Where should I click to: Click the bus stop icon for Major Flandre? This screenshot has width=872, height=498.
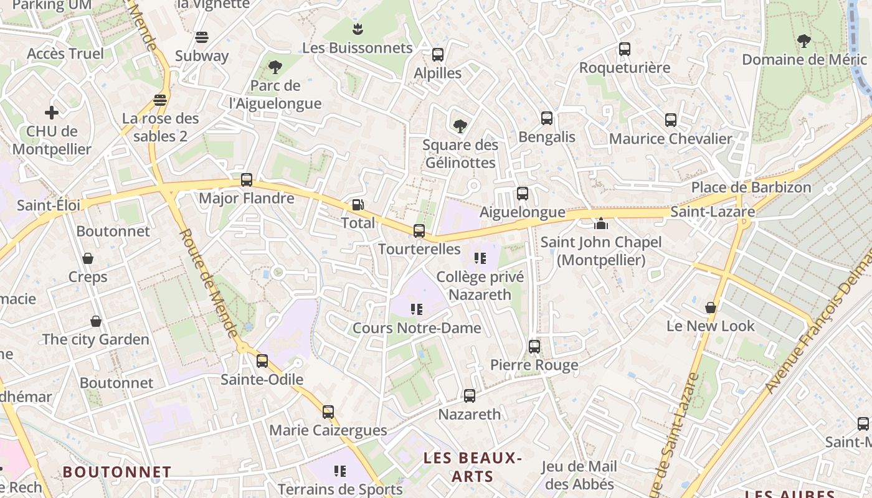point(247,180)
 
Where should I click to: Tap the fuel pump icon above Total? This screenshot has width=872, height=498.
point(358,204)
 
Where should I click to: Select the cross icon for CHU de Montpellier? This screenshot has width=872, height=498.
point(52,113)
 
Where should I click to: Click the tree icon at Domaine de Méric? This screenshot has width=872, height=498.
point(804,41)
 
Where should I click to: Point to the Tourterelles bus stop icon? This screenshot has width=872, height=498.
point(419,231)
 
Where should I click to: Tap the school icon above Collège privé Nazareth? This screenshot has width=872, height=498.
point(480,258)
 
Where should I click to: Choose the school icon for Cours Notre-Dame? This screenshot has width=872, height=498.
point(417,309)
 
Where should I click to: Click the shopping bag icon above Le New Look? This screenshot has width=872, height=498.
point(710,308)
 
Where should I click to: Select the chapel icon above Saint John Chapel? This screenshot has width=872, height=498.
point(601,223)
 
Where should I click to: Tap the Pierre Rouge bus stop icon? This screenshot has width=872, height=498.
point(534,347)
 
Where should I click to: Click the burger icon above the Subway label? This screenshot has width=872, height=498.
point(201,37)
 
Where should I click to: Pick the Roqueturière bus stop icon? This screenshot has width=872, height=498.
point(625,49)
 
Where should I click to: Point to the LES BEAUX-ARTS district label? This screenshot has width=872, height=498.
point(472,467)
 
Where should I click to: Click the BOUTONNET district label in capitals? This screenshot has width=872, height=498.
point(116,472)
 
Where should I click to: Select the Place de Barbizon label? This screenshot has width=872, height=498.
point(751,187)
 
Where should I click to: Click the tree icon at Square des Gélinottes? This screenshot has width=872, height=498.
point(460,126)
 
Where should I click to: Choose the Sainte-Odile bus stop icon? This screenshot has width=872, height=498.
point(262,360)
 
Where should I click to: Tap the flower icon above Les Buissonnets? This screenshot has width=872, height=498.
point(358,29)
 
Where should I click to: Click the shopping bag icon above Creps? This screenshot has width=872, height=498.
point(88,258)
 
